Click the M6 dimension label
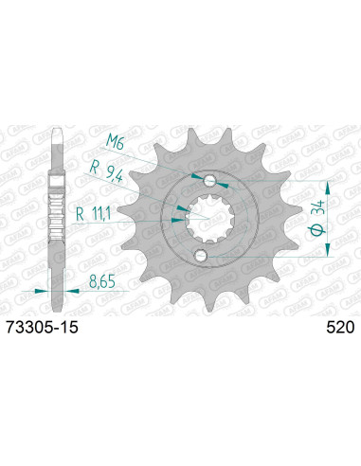114,141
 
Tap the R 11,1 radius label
93,215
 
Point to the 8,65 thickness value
102,281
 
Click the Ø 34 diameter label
317,218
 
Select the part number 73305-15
42,328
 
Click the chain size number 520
340,328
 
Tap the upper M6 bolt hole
209,181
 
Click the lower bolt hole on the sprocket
201,256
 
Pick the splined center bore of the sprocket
209,219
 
